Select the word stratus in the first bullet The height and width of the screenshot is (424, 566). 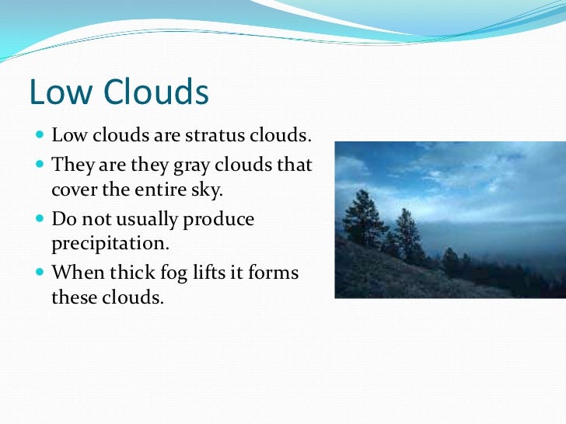tap(214, 136)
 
